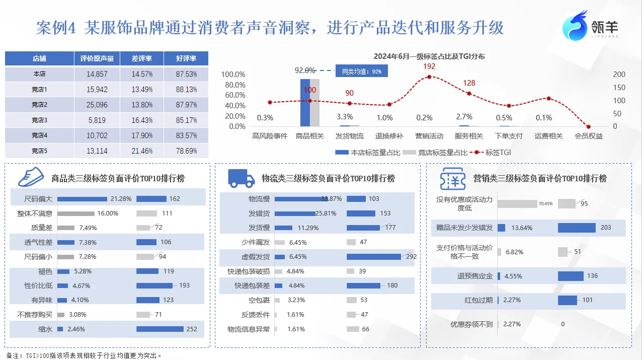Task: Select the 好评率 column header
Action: tap(186, 58)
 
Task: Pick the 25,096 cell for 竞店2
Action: tap(97, 105)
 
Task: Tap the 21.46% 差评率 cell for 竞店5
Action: tap(142, 151)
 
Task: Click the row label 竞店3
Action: tap(39, 120)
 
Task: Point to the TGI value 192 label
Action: tap(429, 66)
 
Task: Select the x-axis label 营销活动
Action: tap(429, 136)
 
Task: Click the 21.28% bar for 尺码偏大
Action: tap(82, 199)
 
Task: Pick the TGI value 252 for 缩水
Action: tap(192, 329)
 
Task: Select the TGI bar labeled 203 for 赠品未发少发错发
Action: tap(577, 228)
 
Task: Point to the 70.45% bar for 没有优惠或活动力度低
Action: tap(517, 204)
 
